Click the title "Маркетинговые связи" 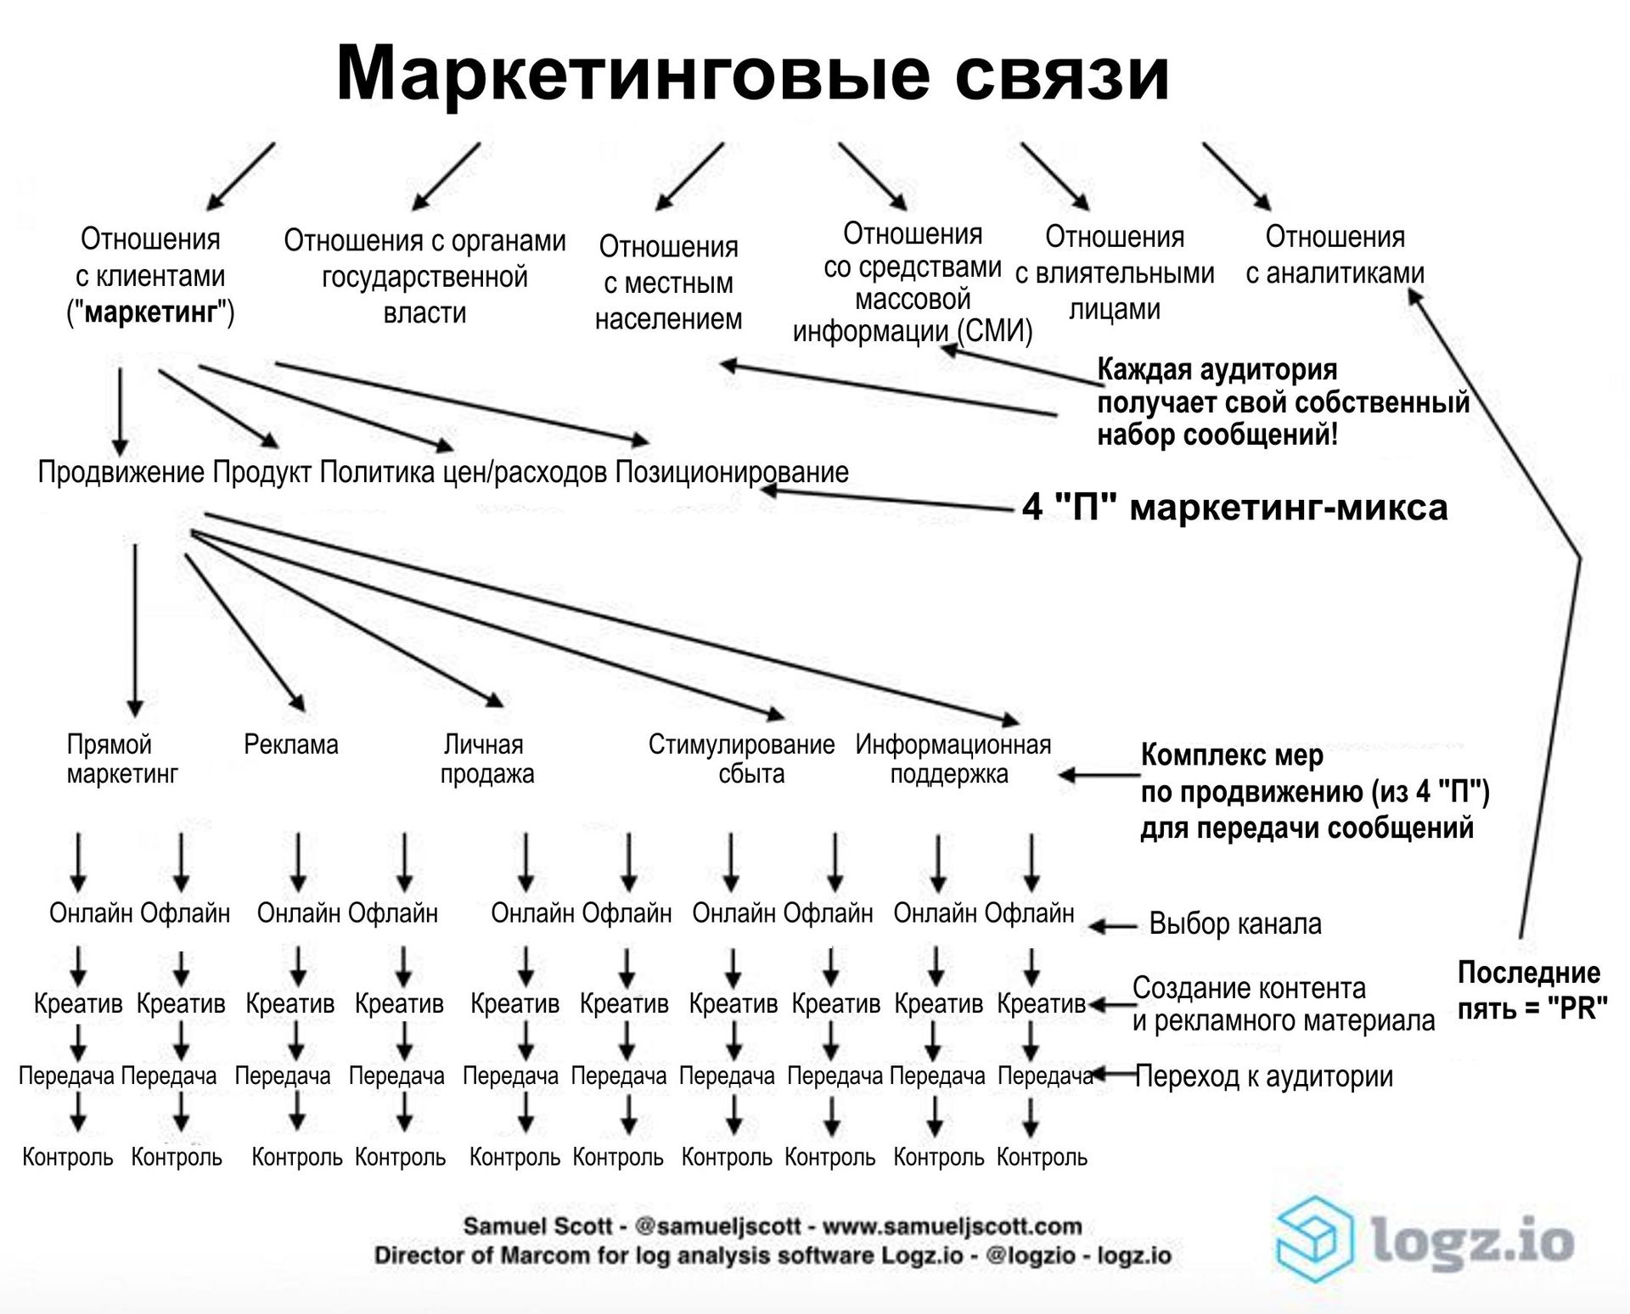pos(752,72)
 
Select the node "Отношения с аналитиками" pos(1335,255)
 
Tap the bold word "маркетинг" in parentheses pos(151,312)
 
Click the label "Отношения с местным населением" pos(668,283)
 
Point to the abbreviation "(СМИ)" pos(995,331)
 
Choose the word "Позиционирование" pos(731,472)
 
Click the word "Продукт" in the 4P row pos(261,472)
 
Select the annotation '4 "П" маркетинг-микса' pos(1234,508)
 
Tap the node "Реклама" pos(291,744)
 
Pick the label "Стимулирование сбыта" pos(742,759)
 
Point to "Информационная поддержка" pos(953,759)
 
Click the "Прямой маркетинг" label pos(121,759)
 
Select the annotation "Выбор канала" pos(1235,924)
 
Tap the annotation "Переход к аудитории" pos(1264,1076)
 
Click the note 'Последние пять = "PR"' pos(1532,990)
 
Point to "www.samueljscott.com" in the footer pos(952,1226)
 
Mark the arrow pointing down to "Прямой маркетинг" pos(135,630)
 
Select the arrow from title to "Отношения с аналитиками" pos(1236,176)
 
